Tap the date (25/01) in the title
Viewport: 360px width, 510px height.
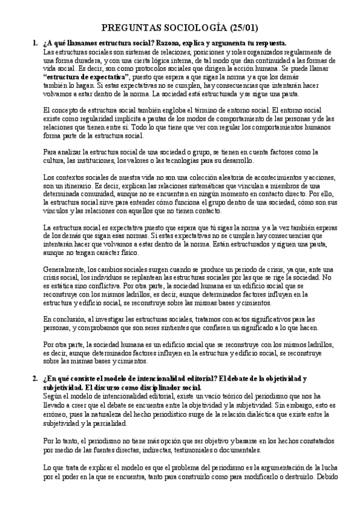tap(247, 28)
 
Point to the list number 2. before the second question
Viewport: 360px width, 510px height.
tap(34, 378)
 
